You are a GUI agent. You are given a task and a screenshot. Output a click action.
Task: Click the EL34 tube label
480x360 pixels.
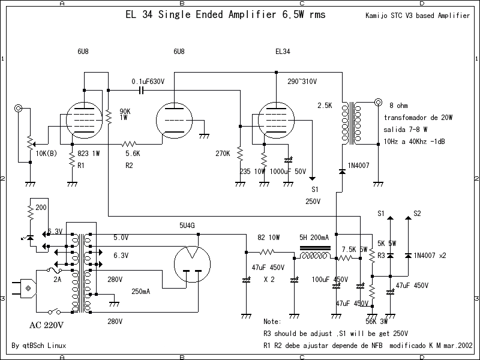282,52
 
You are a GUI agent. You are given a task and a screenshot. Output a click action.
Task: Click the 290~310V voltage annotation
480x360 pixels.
302,81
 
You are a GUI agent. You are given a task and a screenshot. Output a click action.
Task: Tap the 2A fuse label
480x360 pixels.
58,280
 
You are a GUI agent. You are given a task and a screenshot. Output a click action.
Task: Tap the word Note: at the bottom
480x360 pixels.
272,322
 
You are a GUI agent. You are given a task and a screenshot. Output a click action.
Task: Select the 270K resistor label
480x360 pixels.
223,154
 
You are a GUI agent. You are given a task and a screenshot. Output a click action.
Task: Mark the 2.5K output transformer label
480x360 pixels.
325,106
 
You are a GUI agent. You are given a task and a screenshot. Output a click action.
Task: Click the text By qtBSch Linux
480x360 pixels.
39,346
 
